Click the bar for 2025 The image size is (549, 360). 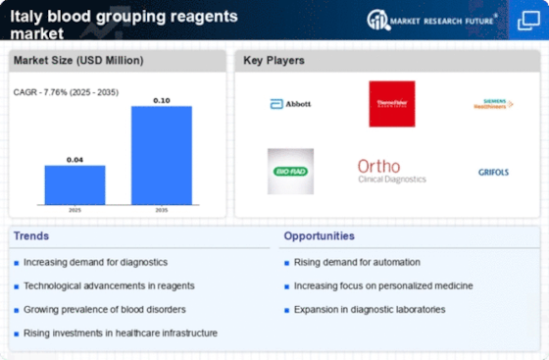[75, 183]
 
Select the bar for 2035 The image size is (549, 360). [162, 154]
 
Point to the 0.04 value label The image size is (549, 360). [75, 158]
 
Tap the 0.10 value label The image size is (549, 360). [162, 99]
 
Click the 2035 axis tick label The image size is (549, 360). [162, 210]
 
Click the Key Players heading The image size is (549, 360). [274, 61]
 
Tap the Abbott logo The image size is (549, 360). [290, 104]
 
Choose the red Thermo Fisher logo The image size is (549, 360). [391, 104]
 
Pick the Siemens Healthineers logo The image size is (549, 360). [491, 104]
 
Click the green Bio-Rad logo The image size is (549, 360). [290, 172]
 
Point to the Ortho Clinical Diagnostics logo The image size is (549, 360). [392, 172]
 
